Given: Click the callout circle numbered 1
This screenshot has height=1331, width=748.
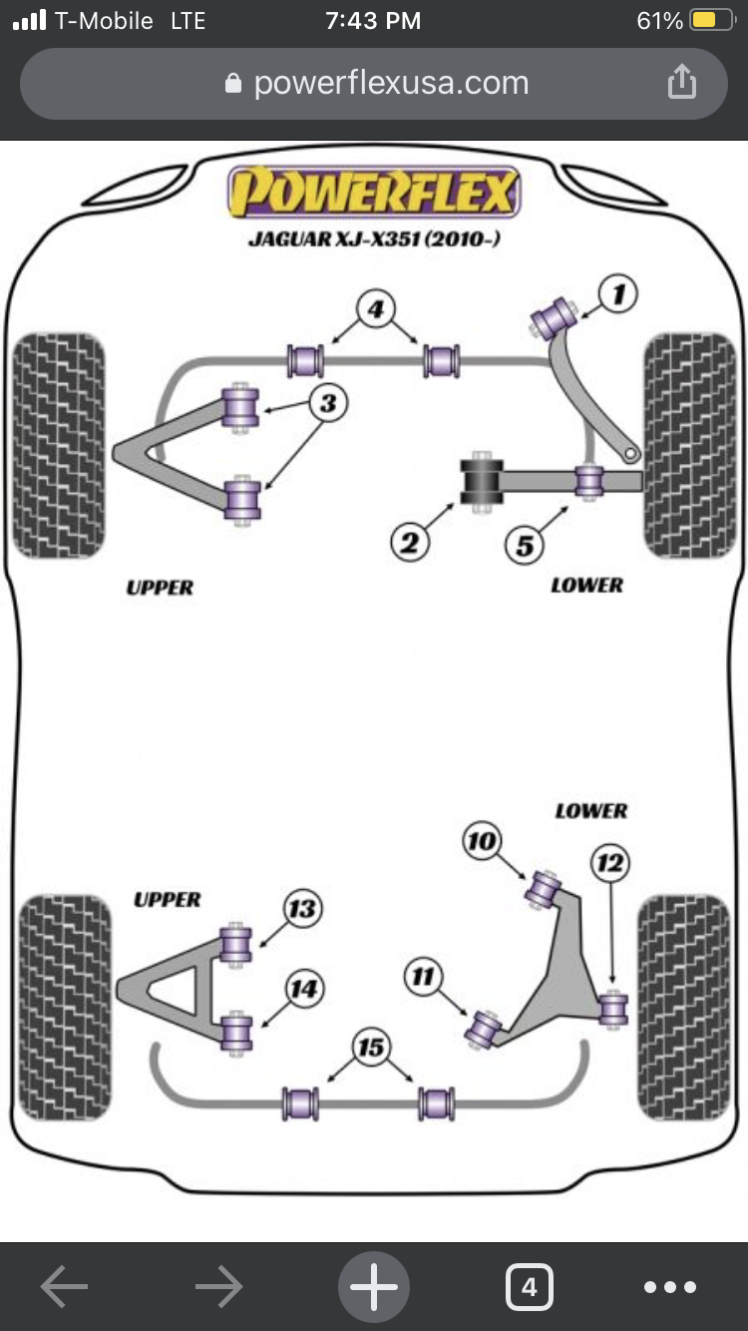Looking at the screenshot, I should pyautogui.click(x=618, y=294).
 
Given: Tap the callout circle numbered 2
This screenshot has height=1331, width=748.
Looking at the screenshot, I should pyautogui.click(x=409, y=543).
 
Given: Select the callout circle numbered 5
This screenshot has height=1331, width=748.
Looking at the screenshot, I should pyautogui.click(x=525, y=546).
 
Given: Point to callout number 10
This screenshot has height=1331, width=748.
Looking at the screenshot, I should pyautogui.click(x=482, y=842).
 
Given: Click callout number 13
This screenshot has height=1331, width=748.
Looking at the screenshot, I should pyautogui.click(x=301, y=909).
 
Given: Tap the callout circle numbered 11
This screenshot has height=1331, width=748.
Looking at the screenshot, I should pyautogui.click(x=424, y=977).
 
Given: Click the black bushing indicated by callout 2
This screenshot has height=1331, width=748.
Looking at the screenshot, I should pyautogui.click(x=481, y=483).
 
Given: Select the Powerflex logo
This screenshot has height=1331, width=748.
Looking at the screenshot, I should pyautogui.click(x=374, y=193).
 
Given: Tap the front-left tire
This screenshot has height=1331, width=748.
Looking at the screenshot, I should pyautogui.click(x=58, y=445).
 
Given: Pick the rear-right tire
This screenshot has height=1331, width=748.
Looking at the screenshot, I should pyautogui.click(x=684, y=1007).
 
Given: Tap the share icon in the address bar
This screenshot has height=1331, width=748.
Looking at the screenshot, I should pyautogui.click(x=681, y=82).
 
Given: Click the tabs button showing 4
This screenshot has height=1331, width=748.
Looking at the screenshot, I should pyautogui.click(x=529, y=1287).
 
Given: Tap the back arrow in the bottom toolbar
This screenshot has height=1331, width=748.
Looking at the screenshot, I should pyautogui.click(x=64, y=1287).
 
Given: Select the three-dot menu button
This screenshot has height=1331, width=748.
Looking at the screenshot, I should pyautogui.click(x=670, y=1287).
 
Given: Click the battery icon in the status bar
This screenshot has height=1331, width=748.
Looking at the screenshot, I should pyautogui.click(x=710, y=21).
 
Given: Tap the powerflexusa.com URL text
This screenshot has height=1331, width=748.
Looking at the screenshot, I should pyautogui.click(x=391, y=83).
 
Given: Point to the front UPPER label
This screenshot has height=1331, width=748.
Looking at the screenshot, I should pyautogui.click(x=160, y=588).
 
